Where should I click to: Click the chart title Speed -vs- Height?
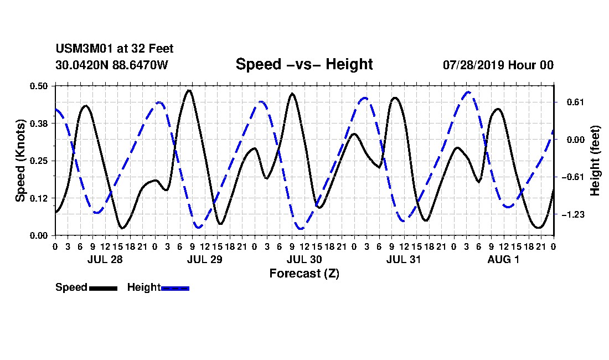304,64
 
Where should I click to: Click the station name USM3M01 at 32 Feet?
115,49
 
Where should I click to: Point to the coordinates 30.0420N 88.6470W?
112,65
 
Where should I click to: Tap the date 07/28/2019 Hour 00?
498,65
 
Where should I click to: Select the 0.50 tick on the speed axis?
38,86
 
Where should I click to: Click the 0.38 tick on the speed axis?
38,124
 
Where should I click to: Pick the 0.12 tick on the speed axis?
38,198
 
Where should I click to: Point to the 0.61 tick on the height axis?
575,102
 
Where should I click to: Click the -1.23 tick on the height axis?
572,214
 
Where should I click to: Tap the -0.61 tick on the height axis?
572,177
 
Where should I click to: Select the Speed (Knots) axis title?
20,161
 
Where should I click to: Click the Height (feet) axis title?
595,161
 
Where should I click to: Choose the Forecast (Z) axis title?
304,274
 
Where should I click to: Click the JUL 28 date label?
105,260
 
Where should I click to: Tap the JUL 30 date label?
304,260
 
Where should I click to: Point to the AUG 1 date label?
503,260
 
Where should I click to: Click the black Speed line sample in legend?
104,288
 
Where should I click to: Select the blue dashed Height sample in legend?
175,288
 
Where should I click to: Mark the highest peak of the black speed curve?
189,90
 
